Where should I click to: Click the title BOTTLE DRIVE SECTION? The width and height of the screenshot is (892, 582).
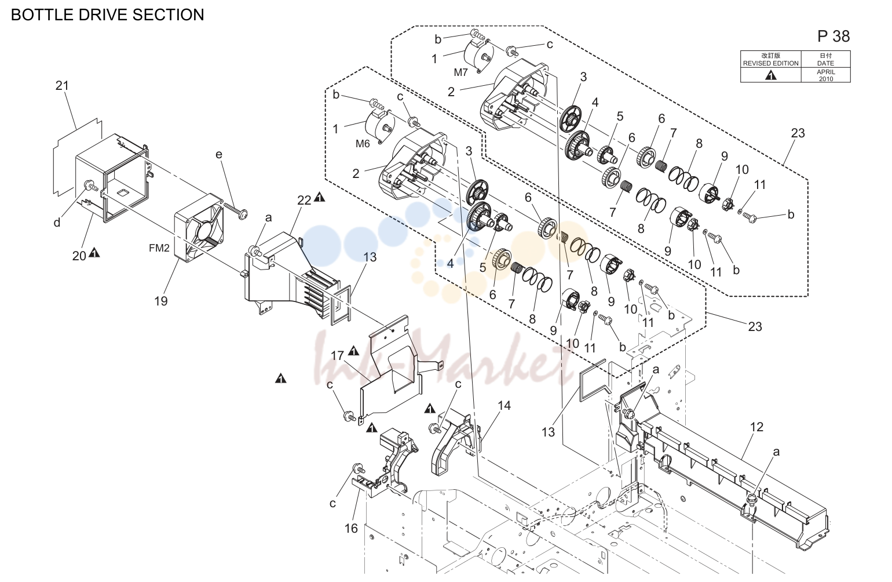107,14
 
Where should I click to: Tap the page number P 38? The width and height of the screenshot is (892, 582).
833,37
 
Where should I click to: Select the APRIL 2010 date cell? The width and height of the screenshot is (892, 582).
825,75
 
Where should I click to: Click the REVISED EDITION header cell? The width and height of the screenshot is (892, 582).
770,59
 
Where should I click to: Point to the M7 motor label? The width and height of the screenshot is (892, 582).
460,72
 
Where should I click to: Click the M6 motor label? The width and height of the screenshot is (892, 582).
363,144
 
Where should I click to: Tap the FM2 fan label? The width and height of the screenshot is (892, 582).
159,248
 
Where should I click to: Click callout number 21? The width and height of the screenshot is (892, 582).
62,85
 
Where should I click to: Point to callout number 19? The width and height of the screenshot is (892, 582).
161,301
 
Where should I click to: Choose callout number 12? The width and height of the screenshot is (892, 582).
756,427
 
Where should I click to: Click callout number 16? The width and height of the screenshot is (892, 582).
351,528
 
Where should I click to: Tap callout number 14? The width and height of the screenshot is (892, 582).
504,405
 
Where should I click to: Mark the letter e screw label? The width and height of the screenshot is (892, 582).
218,155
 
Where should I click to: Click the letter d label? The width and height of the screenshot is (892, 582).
57,222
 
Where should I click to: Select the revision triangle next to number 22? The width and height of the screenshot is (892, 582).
319,197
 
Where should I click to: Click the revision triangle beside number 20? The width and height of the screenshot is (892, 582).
94,252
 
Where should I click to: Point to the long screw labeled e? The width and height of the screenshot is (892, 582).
236,210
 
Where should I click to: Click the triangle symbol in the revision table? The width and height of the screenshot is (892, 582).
770,75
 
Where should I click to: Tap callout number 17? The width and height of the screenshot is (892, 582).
337,355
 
